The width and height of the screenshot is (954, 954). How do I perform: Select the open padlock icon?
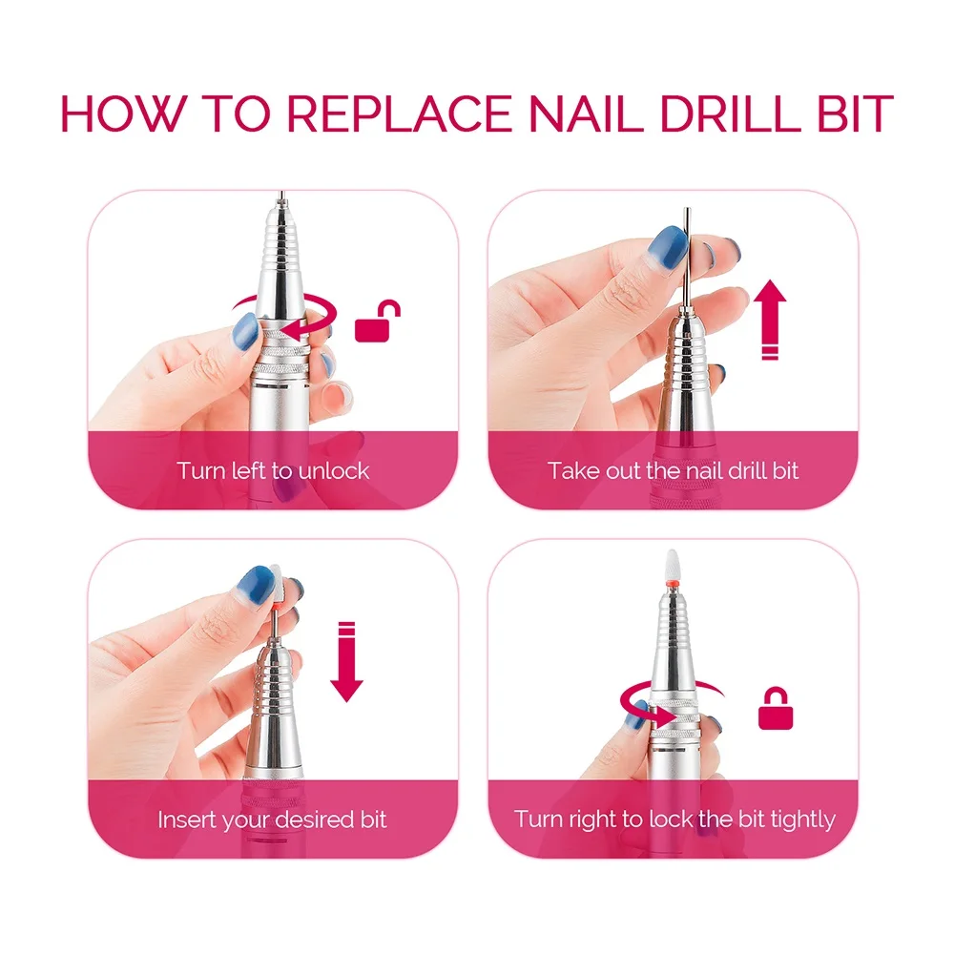tap(378, 321)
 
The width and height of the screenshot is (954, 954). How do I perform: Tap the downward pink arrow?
tap(346, 660)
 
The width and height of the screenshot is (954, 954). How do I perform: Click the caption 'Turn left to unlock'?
tap(273, 469)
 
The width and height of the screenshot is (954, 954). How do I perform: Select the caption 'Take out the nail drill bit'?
tap(673, 469)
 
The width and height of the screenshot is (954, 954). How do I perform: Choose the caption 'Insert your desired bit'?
tap(273, 819)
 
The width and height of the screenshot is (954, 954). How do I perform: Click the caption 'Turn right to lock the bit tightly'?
tap(674, 819)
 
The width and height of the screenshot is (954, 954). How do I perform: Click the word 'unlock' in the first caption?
tap(334, 469)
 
